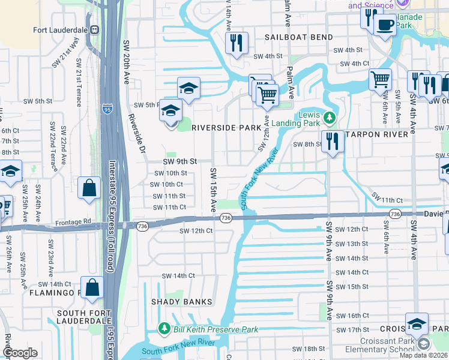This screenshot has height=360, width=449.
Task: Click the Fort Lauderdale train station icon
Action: (x=94, y=29)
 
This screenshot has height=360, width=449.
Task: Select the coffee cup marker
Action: (x=384, y=25)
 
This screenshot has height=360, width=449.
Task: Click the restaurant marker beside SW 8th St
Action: (x=330, y=142)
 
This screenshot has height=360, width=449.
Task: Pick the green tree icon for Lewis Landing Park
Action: (x=328, y=116)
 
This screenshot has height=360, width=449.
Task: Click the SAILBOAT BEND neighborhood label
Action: (x=299, y=37)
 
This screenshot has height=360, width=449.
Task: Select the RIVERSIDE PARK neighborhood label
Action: (x=226, y=128)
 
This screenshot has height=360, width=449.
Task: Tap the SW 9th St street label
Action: (x=180, y=161)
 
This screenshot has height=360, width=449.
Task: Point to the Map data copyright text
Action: (x=423, y=355)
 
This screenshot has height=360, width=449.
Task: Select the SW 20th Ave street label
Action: (x=127, y=63)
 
